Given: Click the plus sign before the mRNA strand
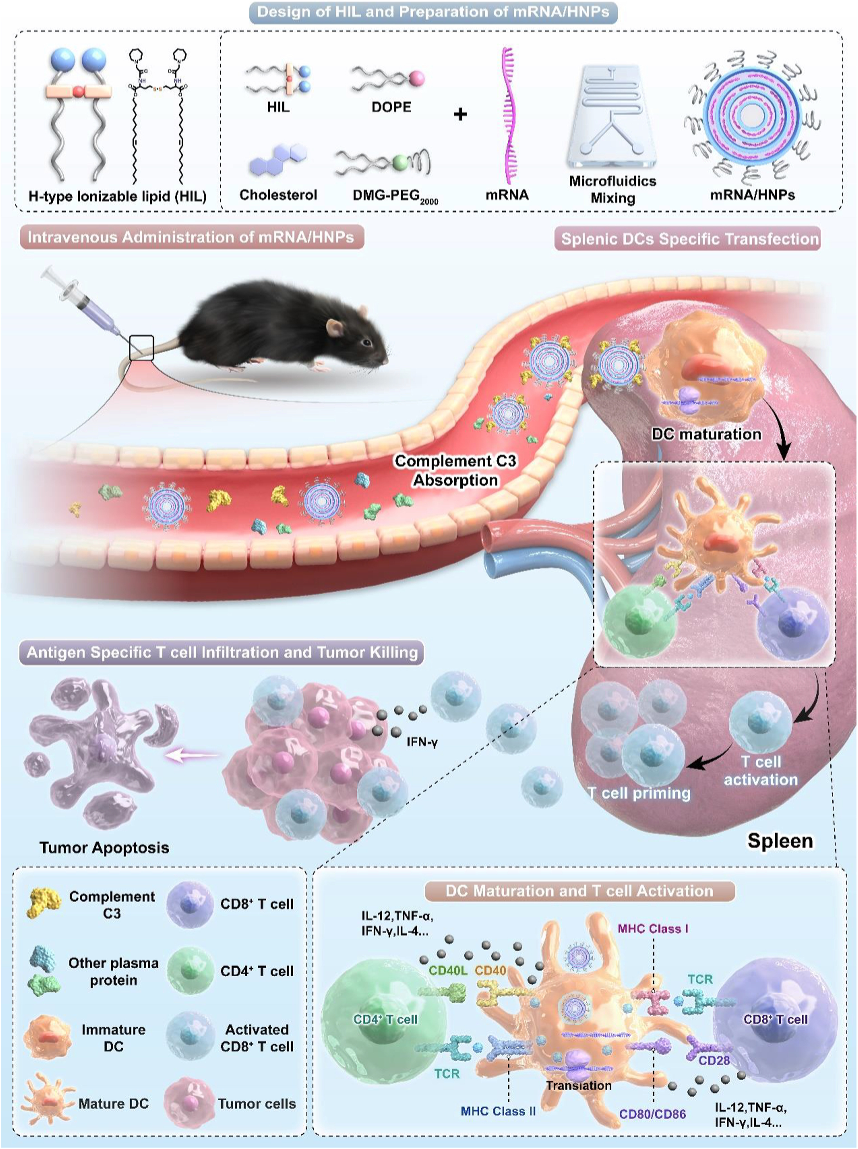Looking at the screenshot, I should pyautogui.click(x=460, y=114).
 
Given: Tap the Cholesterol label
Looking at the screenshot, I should pyautogui.click(x=278, y=195).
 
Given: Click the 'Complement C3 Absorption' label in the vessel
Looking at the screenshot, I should pyautogui.click(x=455, y=470).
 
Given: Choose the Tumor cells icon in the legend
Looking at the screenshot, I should pyautogui.click(x=190, y=1103).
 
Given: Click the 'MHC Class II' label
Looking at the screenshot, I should pyautogui.click(x=498, y=1111).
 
